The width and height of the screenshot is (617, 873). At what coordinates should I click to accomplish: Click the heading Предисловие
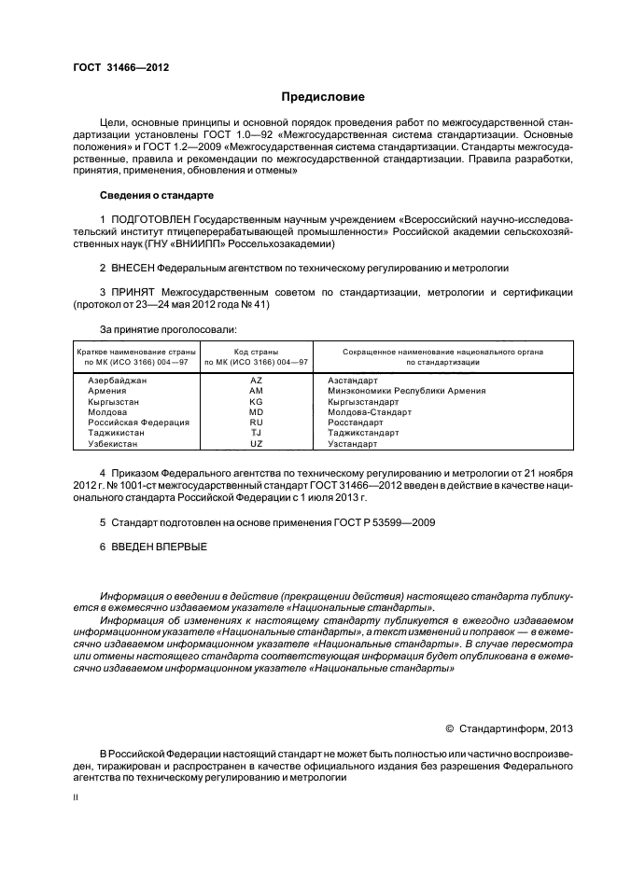pyautogui.click(x=324, y=97)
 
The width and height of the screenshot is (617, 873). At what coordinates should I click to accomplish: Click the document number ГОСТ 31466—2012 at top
pyautogui.click(x=120, y=65)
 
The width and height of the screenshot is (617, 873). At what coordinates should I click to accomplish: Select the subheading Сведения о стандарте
pyautogui.click(x=156, y=195)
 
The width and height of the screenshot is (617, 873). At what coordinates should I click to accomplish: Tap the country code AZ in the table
pyautogui.click(x=256, y=381)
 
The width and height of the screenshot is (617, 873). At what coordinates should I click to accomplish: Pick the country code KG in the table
pyautogui.click(x=256, y=401)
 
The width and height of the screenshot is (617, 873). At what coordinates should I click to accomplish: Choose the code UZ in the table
pyautogui.click(x=256, y=443)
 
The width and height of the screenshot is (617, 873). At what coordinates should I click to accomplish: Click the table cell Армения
pyautogui.click(x=105, y=391)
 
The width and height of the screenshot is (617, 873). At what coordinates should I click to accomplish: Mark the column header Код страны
pyautogui.click(x=256, y=351)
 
